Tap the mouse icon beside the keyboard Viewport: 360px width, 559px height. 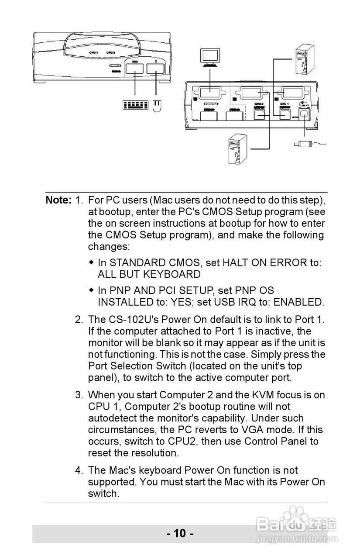coord(157,106)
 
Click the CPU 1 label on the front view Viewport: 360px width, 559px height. coord(93,53)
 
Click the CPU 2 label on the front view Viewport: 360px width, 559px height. coord(110,53)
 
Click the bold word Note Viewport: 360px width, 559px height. coord(58,200)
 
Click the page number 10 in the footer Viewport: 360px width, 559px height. coord(179,533)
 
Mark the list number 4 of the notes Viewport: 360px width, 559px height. coord(79,470)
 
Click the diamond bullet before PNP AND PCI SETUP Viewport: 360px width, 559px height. coord(91,290)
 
